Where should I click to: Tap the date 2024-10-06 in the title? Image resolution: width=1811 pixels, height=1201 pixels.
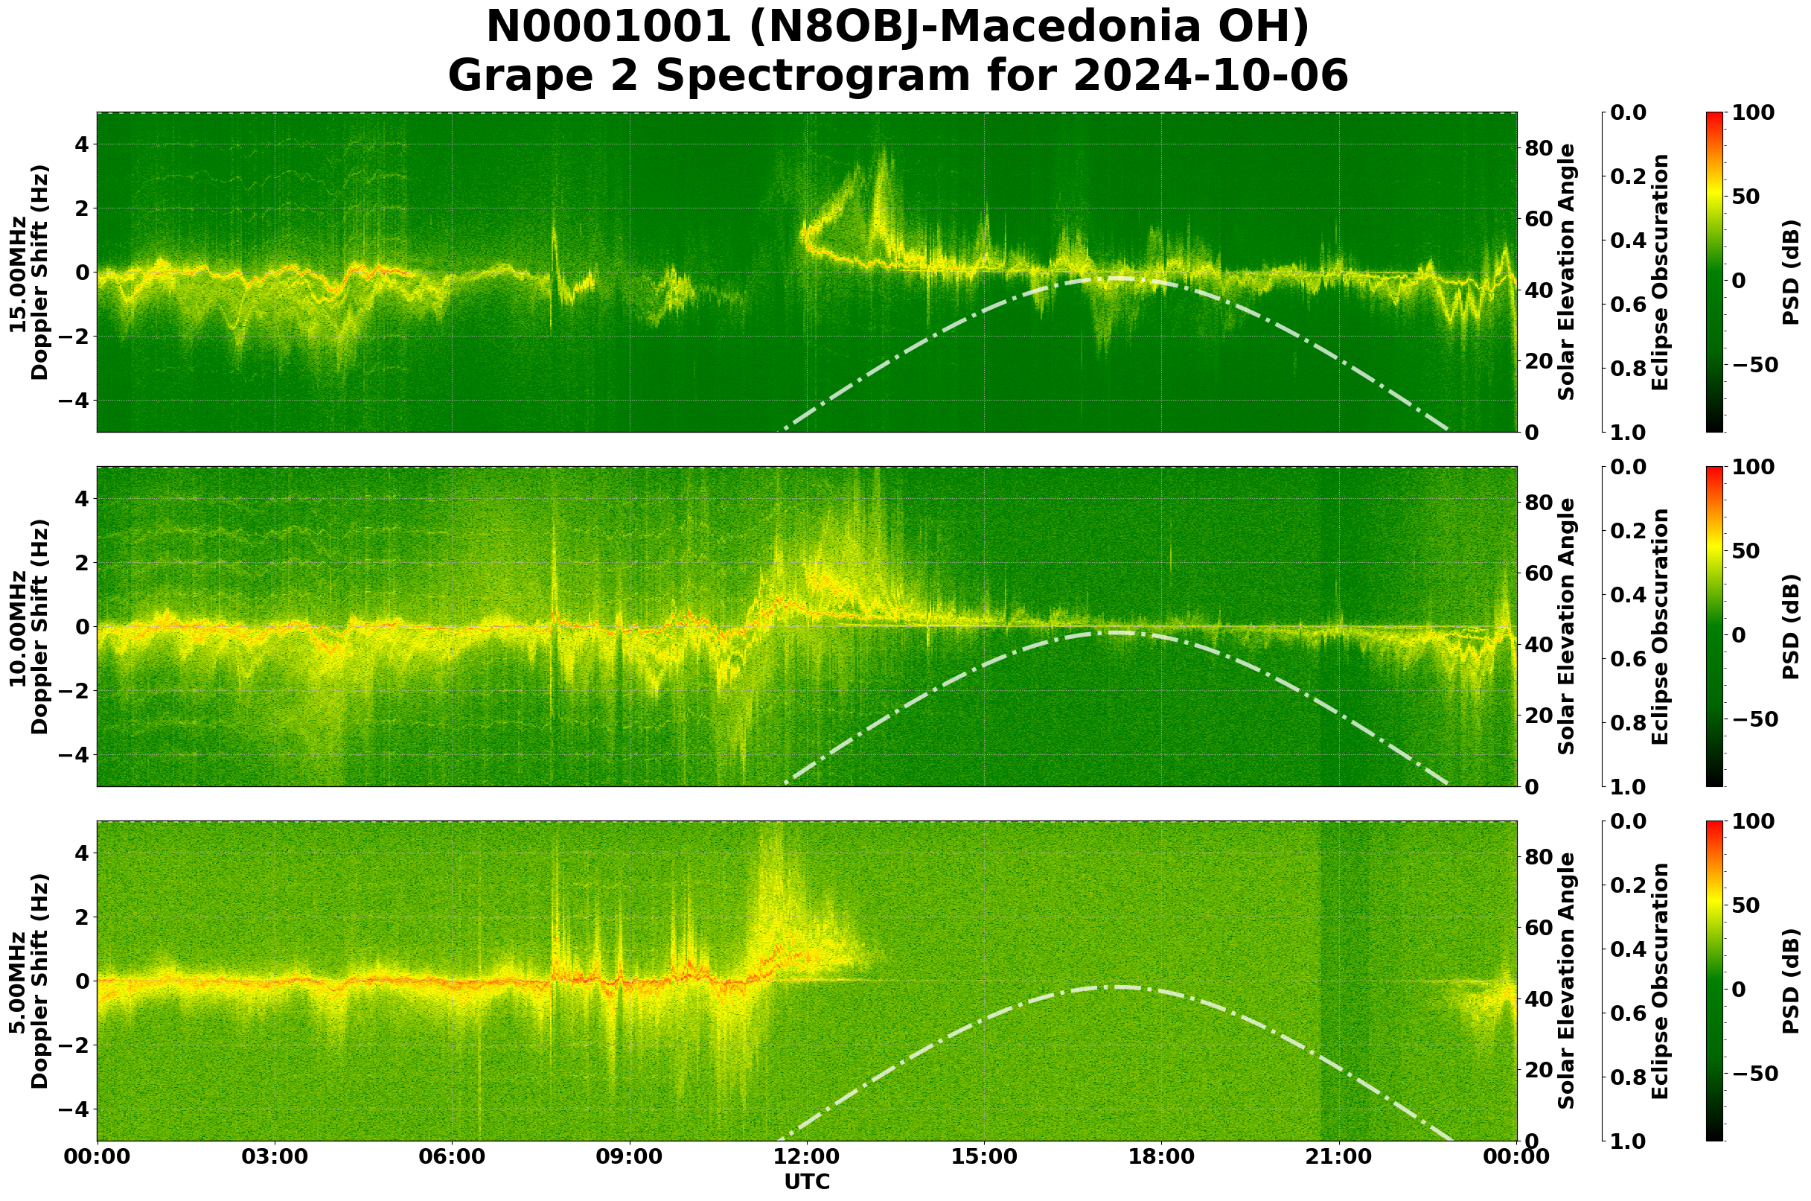(x=1210, y=77)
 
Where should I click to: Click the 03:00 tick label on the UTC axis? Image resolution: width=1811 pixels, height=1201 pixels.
(x=274, y=1156)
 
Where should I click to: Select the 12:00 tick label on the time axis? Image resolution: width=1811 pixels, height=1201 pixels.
(x=806, y=1156)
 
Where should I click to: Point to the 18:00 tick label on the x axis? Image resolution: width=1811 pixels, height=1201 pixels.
(x=1162, y=1156)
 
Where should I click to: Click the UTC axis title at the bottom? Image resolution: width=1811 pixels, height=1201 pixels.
(x=807, y=1182)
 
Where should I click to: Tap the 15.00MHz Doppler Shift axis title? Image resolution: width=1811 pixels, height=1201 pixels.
(x=28, y=273)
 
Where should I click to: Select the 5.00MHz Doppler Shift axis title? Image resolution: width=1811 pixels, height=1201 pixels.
(x=28, y=981)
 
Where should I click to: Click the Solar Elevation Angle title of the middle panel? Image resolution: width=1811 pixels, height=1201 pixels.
(x=1567, y=626)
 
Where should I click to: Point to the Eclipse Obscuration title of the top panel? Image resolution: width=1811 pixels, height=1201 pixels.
(x=1659, y=273)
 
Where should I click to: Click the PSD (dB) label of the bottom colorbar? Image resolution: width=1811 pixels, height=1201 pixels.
(x=1790, y=981)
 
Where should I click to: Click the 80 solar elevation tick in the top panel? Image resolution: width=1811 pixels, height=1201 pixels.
(x=1539, y=148)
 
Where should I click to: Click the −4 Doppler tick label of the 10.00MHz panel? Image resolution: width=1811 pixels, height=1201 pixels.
(x=73, y=755)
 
